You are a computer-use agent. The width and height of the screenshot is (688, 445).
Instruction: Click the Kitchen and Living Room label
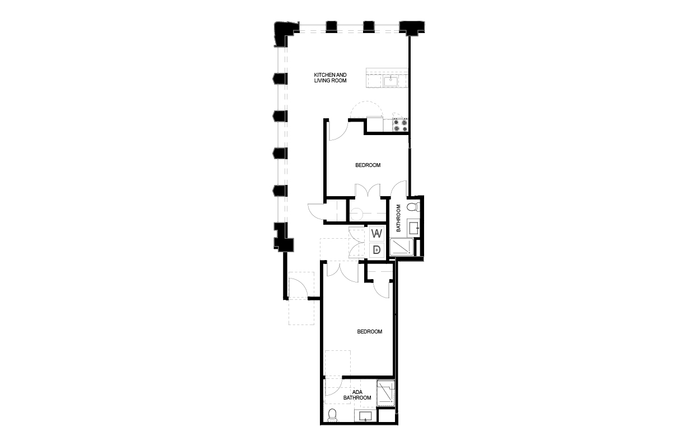[x=330, y=78]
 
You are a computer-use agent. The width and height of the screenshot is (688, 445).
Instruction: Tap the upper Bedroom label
[x=368, y=165]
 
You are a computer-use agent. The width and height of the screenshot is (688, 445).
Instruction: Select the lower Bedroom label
[x=370, y=332]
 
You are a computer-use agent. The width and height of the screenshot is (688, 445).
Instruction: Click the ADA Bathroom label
[x=357, y=395]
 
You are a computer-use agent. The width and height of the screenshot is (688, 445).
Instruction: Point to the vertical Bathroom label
[x=399, y=218]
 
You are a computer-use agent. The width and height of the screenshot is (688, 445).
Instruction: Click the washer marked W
[x=377, y=234]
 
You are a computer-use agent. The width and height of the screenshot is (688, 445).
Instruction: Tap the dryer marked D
[x=377, y=250]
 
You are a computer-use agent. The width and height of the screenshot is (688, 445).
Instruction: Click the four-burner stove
[x=400, y=125]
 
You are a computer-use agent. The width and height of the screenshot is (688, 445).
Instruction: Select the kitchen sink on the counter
[x=390, y=81]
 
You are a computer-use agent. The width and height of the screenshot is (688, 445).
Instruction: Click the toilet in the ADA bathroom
[x=332, y=415]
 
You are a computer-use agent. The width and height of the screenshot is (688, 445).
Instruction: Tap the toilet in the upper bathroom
[x=413, y=207]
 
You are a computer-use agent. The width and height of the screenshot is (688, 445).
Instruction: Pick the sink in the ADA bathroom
[x=365, y=417]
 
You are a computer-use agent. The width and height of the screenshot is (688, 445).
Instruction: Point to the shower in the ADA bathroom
[x=385, y=393]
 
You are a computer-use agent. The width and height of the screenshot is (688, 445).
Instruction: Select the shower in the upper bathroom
[x=402, y=247]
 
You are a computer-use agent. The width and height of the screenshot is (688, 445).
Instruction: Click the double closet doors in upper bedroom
[x=368, y=191]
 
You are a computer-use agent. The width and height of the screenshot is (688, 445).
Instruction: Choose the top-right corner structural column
[x=412, y=28]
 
